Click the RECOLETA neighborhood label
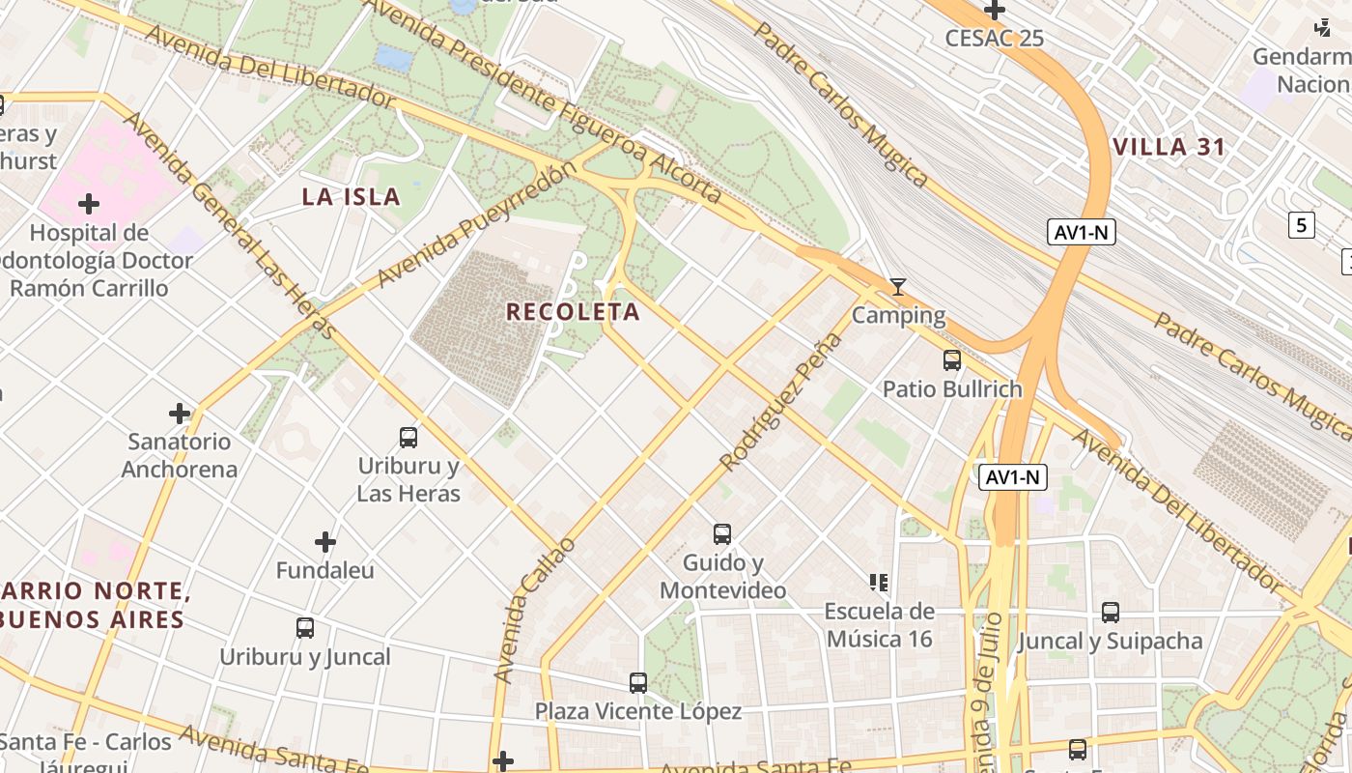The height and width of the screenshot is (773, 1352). tap(573, 311)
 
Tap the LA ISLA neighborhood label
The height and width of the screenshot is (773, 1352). tap(351, 197)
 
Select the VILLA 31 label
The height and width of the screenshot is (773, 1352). tap(1169, 148)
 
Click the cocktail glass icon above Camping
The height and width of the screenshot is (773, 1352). tap(898, 287)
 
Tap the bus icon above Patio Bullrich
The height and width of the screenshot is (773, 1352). tap(952, 360)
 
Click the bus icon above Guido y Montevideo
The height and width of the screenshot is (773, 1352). tap(722, 533)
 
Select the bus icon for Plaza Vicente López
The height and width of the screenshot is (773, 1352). tap(638, 683)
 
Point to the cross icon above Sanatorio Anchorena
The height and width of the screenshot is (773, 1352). tap(180, 414)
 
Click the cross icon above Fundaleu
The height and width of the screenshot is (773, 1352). tap(325, 542)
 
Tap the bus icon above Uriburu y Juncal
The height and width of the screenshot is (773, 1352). tap(305, 628)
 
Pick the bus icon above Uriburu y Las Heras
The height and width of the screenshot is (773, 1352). tap(408, 438)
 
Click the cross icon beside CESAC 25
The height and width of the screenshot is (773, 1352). tap(995, 11)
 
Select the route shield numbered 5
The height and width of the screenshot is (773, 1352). tap(1301, 226)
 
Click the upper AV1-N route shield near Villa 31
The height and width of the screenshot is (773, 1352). tap(1081, 232)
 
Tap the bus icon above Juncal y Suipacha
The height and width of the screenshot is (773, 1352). tap(1111, 612)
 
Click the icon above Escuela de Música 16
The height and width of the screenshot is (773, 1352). tap(879, 582)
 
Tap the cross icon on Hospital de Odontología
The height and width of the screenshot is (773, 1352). tap(89, 204)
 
